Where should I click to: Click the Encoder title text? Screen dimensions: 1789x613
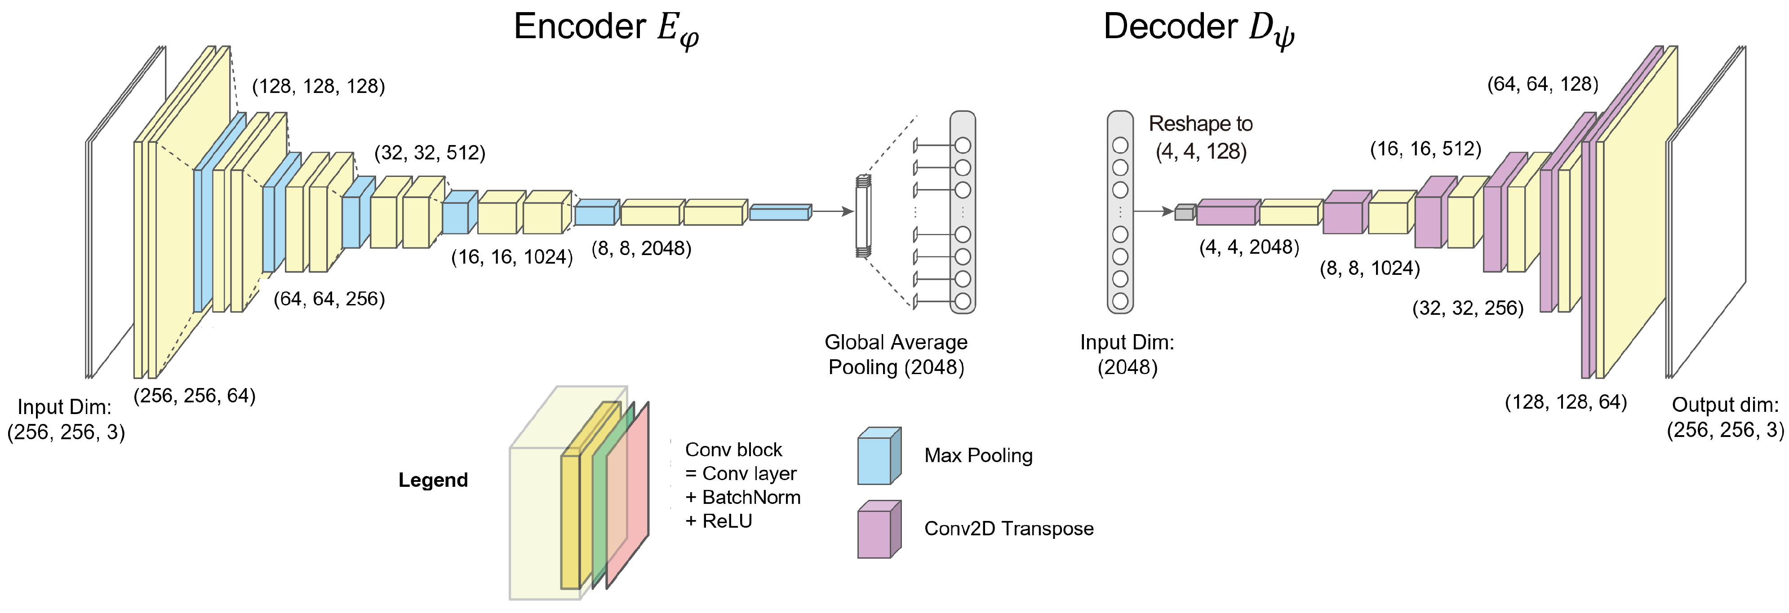tap(606, 30)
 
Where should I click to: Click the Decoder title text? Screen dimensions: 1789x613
tap(1199, 30)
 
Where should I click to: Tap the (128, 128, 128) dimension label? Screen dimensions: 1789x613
tap(318, 86)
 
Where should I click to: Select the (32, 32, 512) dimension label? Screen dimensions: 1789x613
tap(430, 153)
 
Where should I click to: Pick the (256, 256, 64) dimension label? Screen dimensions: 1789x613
tap(195, 396)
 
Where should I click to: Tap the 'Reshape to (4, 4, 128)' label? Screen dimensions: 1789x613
tap(1201, 137)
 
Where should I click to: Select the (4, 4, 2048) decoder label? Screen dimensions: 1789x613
tap(1249, 247)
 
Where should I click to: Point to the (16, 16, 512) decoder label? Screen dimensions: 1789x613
tap(1426, 149)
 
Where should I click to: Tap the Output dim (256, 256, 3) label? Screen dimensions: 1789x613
tap(1726, 417)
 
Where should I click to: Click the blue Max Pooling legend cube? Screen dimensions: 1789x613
tap(879, 456)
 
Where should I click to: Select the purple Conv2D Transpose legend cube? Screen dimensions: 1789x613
tap(879, 529)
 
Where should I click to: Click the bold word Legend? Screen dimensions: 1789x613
tap(433, 480)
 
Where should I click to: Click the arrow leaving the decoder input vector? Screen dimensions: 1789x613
tap(1154, 211)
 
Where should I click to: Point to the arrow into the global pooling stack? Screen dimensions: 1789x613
tap(833, 211)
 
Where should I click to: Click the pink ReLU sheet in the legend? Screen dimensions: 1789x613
tap(627, 494)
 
